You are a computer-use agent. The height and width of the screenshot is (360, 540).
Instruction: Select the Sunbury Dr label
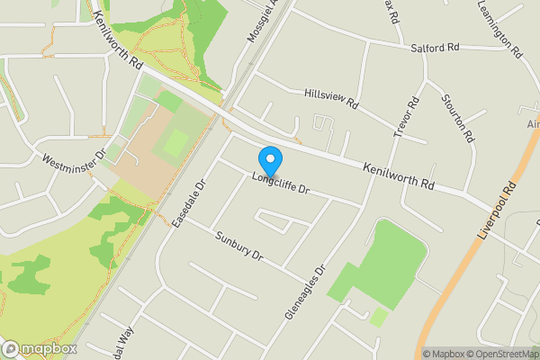(x=238, y=246)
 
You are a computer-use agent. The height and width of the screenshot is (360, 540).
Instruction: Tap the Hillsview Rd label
(x=331, y=99)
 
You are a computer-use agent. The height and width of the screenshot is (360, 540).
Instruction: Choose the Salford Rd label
(x=435, y=47)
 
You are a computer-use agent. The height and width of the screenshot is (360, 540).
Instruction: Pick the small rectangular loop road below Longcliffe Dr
(x=274, y=219)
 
